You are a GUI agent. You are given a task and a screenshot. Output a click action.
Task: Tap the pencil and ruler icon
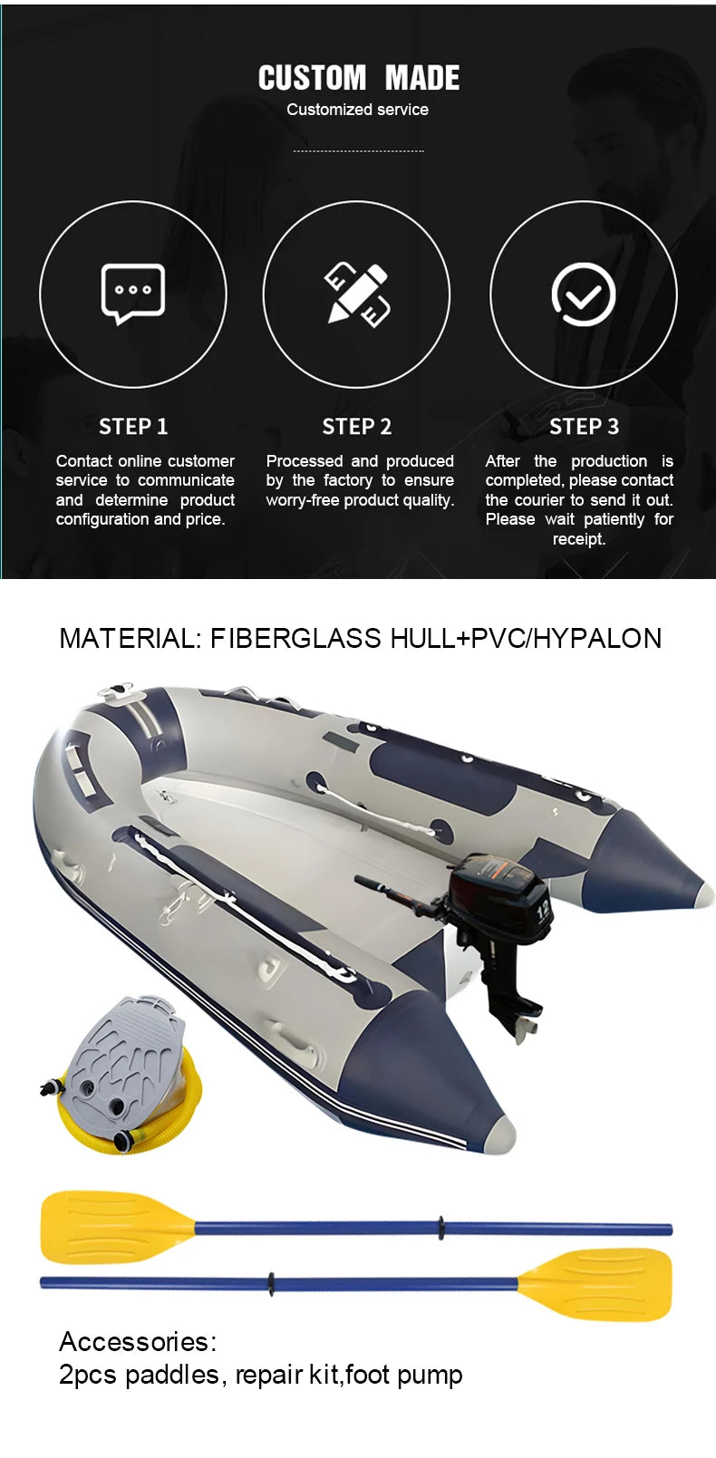pyautogui.click(x=357, y=294)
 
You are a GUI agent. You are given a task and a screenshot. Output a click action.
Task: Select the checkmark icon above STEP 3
pyautogui.click(x=584, y=294)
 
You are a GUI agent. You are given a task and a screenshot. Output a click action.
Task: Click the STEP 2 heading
pyautogui.click(x=357, y=427)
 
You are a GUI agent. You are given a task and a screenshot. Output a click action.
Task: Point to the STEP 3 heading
pyautogui.click(x=584, y=427)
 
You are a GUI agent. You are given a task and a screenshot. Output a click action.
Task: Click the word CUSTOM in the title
pyautogui.click(x=312, y=79)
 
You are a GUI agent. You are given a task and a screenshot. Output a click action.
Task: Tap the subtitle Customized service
pyautogui.click(x=357, y=110)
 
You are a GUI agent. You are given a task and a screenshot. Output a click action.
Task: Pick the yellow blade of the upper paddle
pyautogui.click(x=112, y=1226)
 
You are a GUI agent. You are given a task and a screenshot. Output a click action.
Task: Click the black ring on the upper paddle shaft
pyautogui.click(x=441, y=1228)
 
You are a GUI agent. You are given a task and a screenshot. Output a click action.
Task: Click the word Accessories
pyautogui.click(x=137, y=1342)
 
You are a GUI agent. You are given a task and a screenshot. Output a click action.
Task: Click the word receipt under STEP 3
pyautogui.click(x=578, y=539)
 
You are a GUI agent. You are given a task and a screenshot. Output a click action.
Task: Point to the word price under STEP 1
pyautogui.click(x=204, y=519)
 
